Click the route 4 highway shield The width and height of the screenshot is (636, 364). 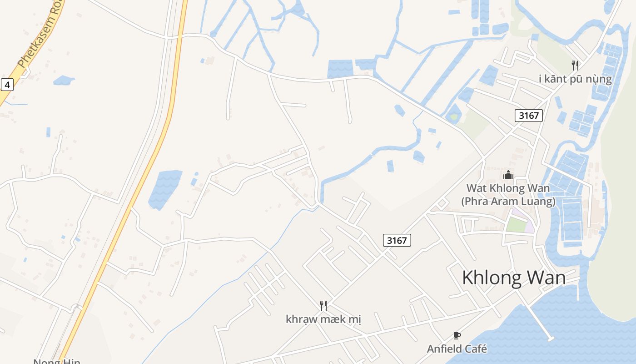pos(7,84)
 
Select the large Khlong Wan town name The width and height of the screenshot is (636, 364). pos(514,278)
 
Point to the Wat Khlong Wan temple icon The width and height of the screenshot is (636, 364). pos(508,175)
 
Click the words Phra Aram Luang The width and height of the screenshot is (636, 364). pos(508,202)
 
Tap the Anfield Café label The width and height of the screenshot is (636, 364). pos(457,349)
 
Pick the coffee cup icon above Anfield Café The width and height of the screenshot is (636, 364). pos(457,336)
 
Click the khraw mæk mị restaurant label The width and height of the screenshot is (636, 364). pos(323,319)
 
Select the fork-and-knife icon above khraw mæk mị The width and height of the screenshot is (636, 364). pos(323,305)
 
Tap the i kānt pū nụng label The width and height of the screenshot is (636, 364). pos(575,79)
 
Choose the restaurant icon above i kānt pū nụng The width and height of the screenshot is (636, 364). pos(575,65)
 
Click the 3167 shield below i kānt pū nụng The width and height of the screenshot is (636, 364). pos(529,116)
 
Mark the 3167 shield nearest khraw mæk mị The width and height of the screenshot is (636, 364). pos(397,240)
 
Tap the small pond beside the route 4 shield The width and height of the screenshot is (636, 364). pos(64,81)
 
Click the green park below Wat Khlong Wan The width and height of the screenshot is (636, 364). pos(516,224)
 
